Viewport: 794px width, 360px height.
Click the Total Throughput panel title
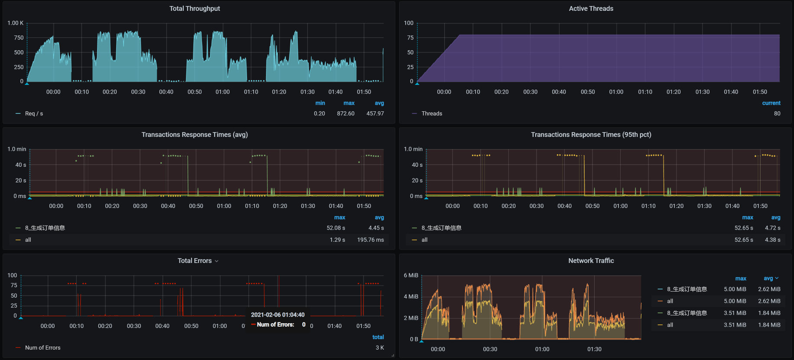195,9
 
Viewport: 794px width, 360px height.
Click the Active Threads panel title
591,9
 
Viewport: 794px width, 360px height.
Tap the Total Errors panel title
195,261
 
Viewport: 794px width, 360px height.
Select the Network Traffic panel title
591,261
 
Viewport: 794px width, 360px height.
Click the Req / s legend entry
34,114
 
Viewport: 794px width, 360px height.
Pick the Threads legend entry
432,114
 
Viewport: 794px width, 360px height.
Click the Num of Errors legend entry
42,347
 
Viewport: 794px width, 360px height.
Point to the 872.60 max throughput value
345,114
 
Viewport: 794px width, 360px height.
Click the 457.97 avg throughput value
375,114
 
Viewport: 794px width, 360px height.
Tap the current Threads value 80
777,114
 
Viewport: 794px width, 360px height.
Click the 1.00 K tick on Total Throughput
16,23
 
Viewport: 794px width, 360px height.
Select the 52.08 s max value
336,228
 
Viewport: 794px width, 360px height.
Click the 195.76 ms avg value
371,240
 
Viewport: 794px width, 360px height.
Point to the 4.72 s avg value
772,228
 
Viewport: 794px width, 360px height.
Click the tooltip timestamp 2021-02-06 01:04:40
278,315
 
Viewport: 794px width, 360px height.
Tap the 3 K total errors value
380,347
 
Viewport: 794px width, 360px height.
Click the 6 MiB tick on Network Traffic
411,276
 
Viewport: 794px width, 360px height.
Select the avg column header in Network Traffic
768,278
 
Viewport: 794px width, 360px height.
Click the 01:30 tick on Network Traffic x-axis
594,349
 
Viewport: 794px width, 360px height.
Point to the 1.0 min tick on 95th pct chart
413,149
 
